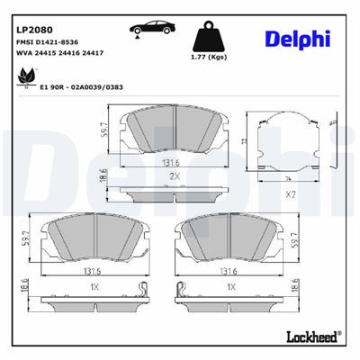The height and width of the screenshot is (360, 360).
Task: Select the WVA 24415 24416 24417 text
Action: pyautogui.click(x=58, y=53)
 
